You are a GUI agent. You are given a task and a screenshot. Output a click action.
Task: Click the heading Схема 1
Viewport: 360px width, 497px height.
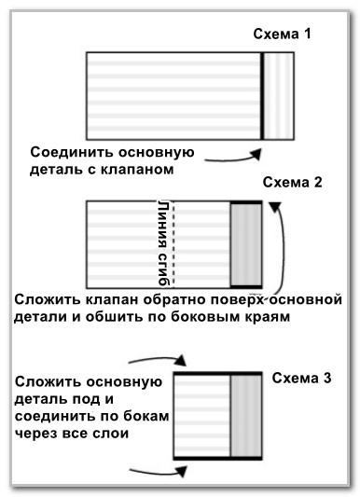[x=282, y=35]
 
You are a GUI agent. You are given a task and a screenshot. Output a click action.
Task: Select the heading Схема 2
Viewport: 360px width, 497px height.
[x=292, y=183]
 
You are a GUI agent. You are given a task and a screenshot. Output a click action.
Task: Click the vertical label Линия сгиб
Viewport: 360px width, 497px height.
[x=163, y=243]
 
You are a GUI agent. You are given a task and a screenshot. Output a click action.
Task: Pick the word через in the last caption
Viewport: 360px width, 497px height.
[x=40, y=433]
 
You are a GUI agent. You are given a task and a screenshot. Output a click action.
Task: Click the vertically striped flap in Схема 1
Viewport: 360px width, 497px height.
[x=278, y=94]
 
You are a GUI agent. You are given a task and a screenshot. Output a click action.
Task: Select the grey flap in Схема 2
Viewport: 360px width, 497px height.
[x=245, y=243]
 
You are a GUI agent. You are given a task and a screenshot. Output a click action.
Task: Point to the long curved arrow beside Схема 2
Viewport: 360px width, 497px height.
[x=280, y=252]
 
